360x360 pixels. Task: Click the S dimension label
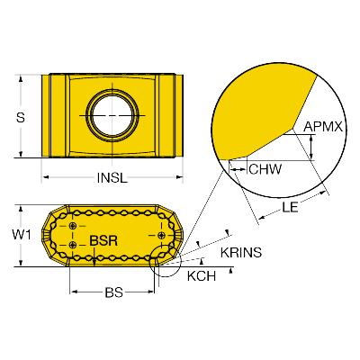point(21,117)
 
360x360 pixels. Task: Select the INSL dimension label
point(112,178)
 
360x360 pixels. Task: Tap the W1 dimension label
point(22,235)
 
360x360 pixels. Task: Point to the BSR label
point(103,240)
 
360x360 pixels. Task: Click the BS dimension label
point(114,292)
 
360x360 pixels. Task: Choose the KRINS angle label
point(241,253)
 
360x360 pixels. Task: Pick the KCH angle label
point(202,276)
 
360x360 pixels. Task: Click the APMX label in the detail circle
point(323,127)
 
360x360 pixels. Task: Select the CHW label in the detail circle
point(265,169)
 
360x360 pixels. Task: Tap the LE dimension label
point(290,207)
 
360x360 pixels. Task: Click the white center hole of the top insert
point(112,115)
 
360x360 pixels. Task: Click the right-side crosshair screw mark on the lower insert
point(162,235)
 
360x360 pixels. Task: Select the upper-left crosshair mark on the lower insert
point(73,226)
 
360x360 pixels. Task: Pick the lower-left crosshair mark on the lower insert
point(73,245)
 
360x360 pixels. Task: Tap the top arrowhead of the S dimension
point(21,79)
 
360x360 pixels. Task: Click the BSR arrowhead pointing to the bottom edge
point(94,263)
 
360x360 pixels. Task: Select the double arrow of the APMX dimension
point(311,147)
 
